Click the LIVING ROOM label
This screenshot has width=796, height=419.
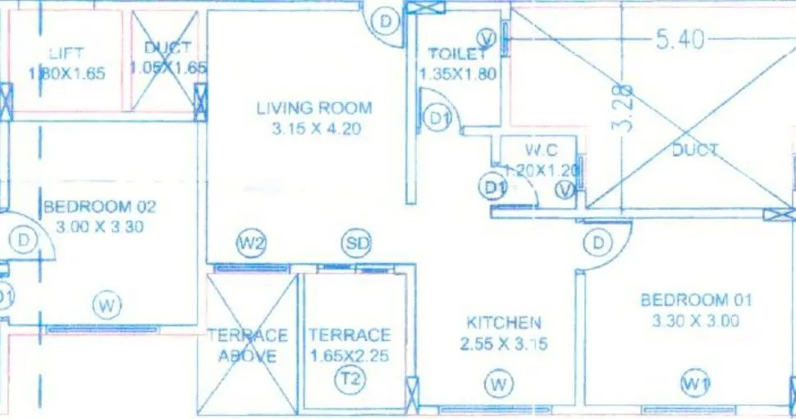tap(313, 108)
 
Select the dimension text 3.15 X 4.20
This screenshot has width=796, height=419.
tap(313, 128)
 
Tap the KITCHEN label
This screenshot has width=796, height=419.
tap(503, 323)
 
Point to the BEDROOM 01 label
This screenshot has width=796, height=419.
tap(696, 301)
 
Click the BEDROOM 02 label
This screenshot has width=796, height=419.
tap(99, 206)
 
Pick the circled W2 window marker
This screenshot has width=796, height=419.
tap(252, 243)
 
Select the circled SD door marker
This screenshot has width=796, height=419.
tap(357, 243)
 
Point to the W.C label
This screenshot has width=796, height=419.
tap(542, 151)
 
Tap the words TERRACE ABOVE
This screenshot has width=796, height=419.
tap(247, 346)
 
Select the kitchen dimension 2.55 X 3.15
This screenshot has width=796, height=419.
tap(503, 344)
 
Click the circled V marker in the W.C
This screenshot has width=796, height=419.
tap(565, 191)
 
